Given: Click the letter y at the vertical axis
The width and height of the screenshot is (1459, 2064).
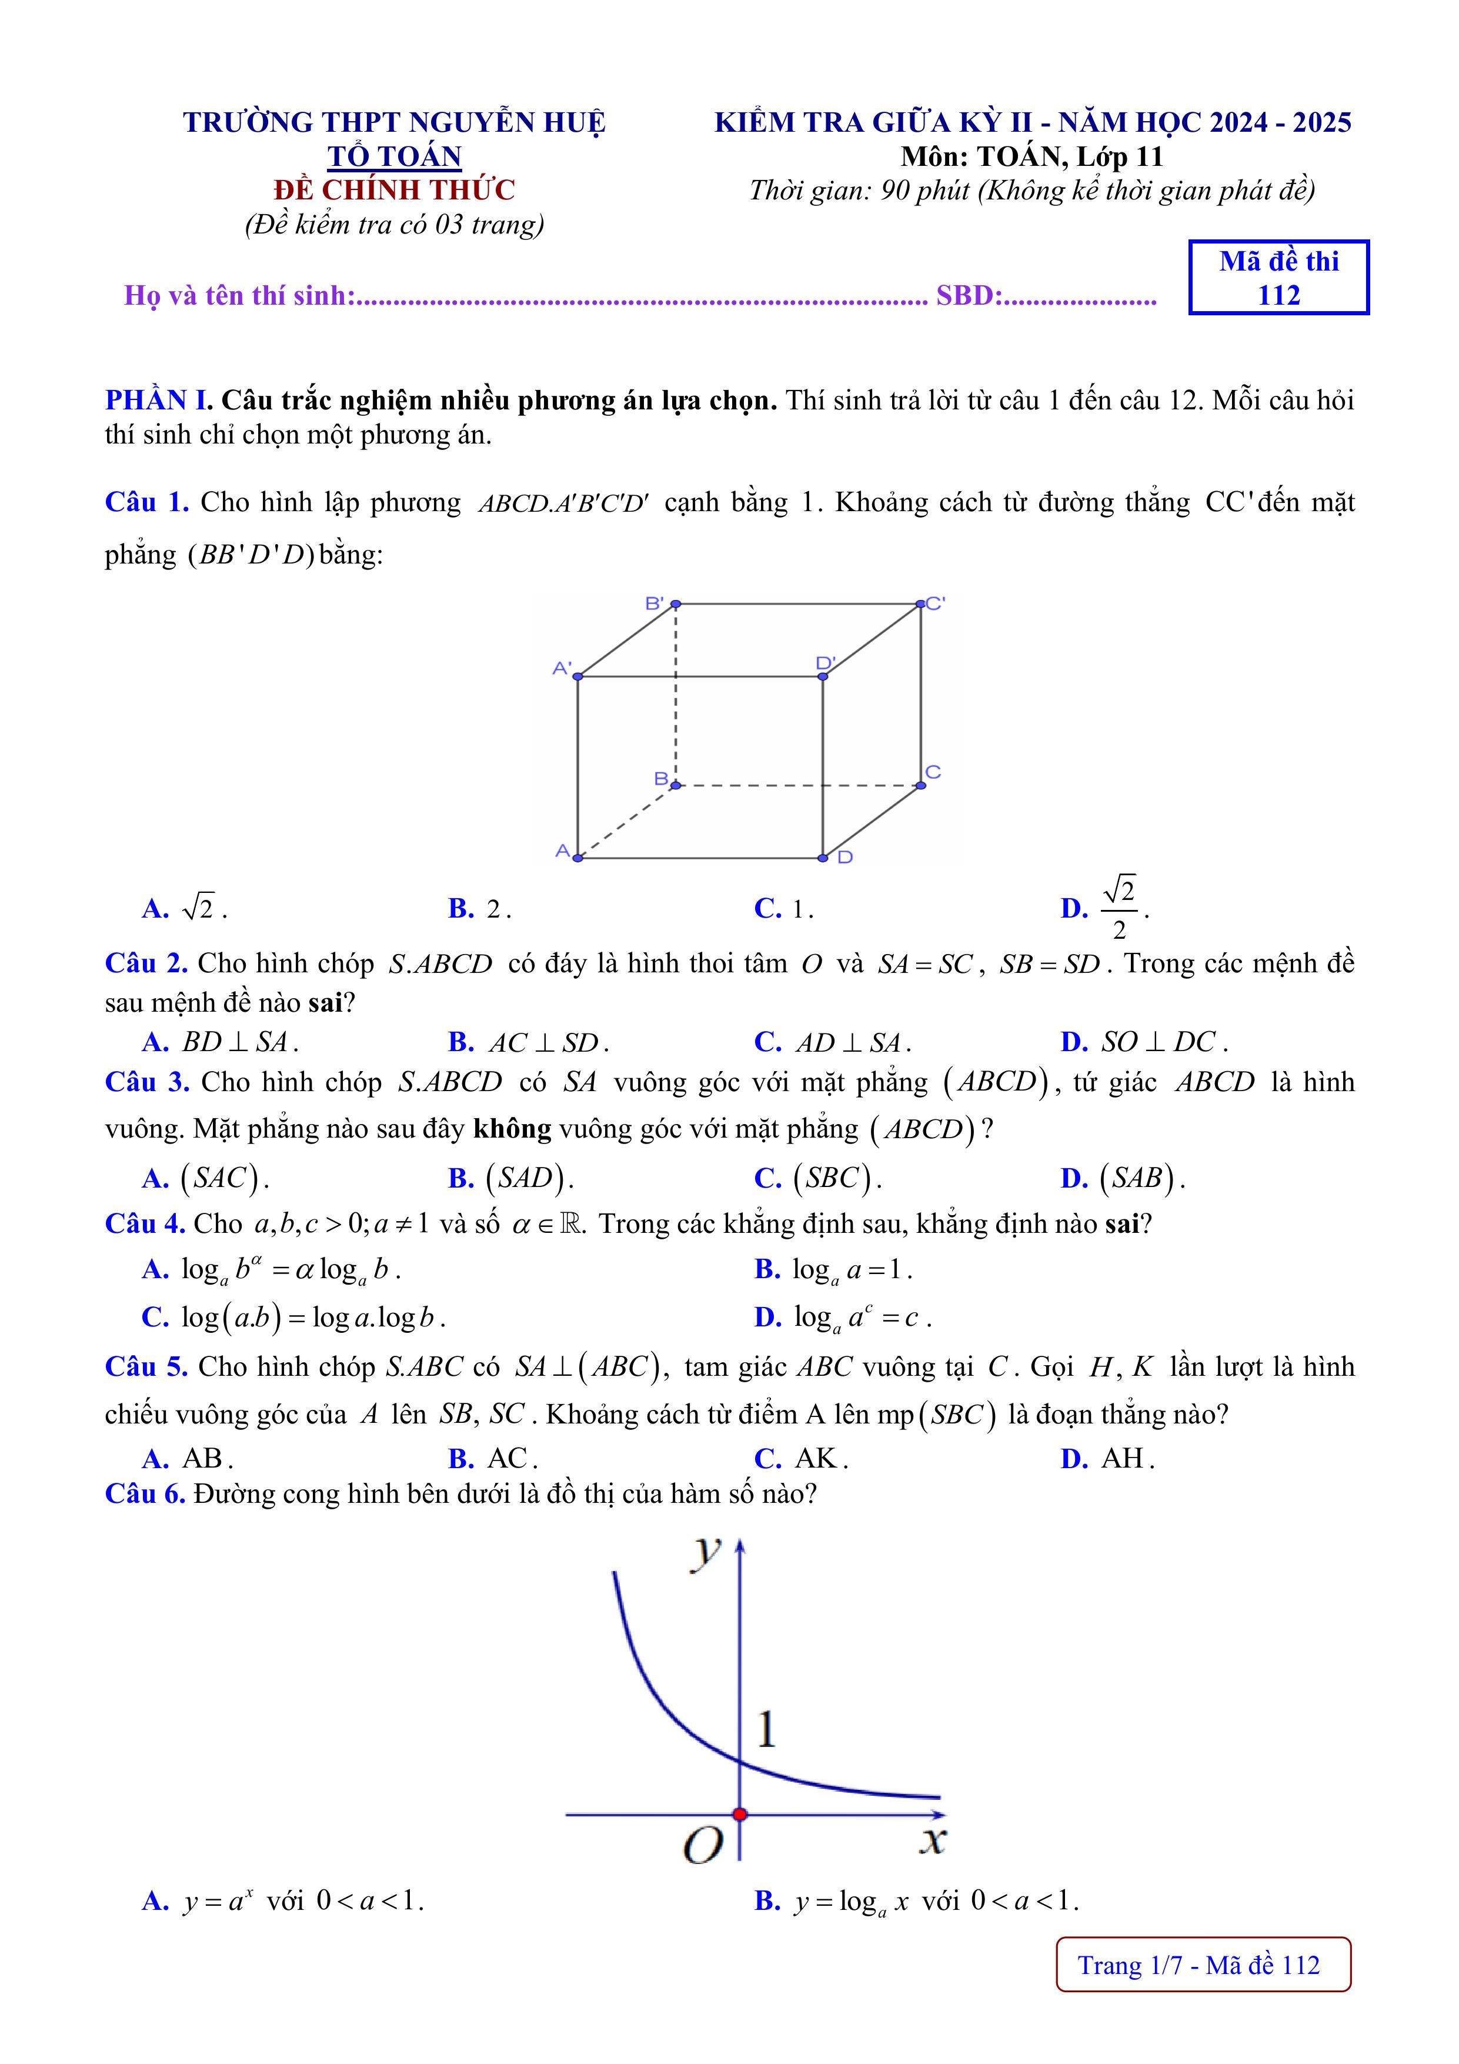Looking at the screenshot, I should point(707,1550).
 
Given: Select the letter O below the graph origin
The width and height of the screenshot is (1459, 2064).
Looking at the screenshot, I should point(703,1846).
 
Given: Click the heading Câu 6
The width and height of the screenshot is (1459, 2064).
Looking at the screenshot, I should point(145,1494).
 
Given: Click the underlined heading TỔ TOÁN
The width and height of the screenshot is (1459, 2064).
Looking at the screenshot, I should point(394,156).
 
